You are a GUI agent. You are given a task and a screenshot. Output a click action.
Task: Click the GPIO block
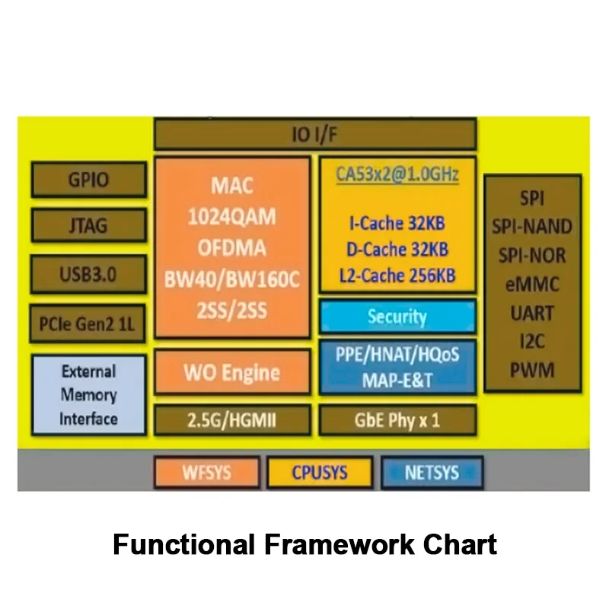88,180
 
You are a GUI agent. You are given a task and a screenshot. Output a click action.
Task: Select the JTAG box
88,226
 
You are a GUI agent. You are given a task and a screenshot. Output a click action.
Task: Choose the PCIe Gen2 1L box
88,324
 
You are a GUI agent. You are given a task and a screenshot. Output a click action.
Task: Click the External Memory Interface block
88,395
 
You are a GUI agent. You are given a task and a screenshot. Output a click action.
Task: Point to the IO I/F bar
315,136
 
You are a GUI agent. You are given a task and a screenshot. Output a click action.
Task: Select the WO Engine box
232,373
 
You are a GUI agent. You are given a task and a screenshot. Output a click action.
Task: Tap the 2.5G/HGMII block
232,419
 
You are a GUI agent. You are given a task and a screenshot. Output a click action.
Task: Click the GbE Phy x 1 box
398,419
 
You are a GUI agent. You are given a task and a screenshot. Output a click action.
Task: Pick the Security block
398,317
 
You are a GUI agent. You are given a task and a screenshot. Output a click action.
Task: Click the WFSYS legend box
206,472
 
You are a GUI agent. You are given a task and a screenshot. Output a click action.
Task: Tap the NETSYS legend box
432,472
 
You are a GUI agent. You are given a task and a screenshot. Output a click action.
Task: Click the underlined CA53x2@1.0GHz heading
398,174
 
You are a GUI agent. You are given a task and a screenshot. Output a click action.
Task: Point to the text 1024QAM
232,217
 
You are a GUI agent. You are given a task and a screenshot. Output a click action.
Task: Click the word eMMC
533,285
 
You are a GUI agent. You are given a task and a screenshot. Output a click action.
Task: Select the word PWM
533,371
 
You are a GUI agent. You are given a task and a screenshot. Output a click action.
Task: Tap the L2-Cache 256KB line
398,275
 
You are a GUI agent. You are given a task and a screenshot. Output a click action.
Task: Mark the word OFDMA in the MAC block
232,248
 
